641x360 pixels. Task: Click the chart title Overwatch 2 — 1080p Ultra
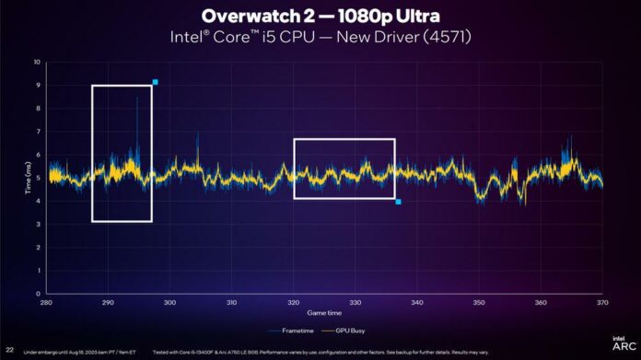[x=320, y=17]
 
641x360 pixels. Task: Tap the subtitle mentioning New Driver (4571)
[x=320, y=37]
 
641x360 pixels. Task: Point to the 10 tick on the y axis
[x=38, y=63]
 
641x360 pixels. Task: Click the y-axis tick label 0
[x=38, y=296]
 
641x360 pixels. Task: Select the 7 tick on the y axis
[x=38, y=133]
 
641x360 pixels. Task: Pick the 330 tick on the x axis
[x=355, y=303]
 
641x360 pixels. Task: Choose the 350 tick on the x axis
[x=479, y=303]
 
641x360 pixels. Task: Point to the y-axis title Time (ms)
[x=29, y=180]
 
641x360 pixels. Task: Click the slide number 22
[x=10, y=350]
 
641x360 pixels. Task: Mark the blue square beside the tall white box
[x=156, y=82]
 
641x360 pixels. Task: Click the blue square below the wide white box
[x=398, y=202]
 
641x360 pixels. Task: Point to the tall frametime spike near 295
[x=136, y=101]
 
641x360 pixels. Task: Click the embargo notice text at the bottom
[x=78, y=351]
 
